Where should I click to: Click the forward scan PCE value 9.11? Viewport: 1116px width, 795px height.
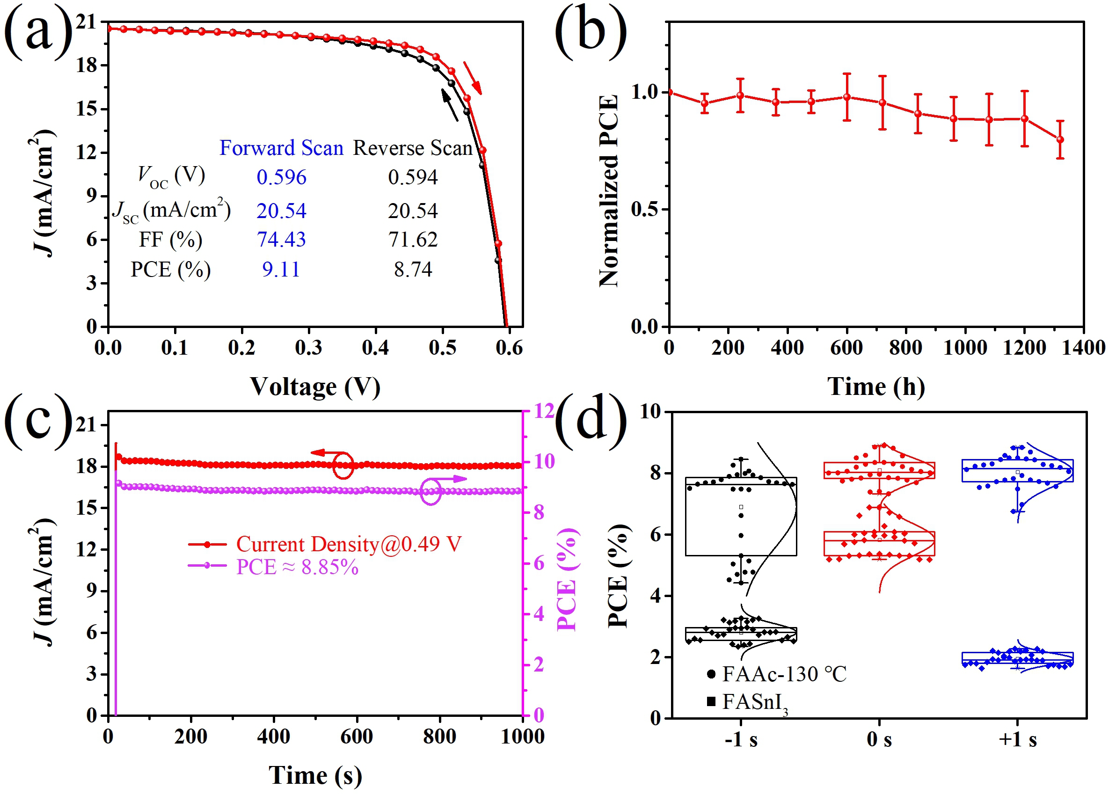[281, 269]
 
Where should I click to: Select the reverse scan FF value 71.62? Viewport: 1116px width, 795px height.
[413, 240]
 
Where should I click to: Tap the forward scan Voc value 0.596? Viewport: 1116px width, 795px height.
[281, 177]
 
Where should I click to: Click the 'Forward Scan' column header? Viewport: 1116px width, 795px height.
[281, 148]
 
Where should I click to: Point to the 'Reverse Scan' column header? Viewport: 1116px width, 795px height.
[413, 148]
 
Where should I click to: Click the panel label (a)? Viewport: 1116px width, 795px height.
[38, 32]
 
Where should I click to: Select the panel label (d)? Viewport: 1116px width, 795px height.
[591, 421]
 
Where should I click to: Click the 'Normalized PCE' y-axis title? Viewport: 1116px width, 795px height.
[609, 191]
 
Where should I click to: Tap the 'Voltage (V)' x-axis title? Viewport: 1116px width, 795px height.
[315, 387]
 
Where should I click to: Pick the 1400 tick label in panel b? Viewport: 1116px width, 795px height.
[1083, 348]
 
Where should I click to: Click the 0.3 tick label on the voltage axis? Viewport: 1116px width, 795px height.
[308, 348]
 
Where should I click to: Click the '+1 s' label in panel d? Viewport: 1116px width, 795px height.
[1018, 739]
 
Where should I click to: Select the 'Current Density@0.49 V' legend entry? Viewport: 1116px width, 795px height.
[349, 544]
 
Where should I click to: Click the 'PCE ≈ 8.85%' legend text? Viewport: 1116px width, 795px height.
[297, 567]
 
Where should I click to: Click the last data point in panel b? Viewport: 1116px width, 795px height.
[1060, 139]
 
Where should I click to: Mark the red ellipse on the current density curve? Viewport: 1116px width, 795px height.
[343, 465]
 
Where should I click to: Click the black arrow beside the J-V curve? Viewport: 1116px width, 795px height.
[450, 104]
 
